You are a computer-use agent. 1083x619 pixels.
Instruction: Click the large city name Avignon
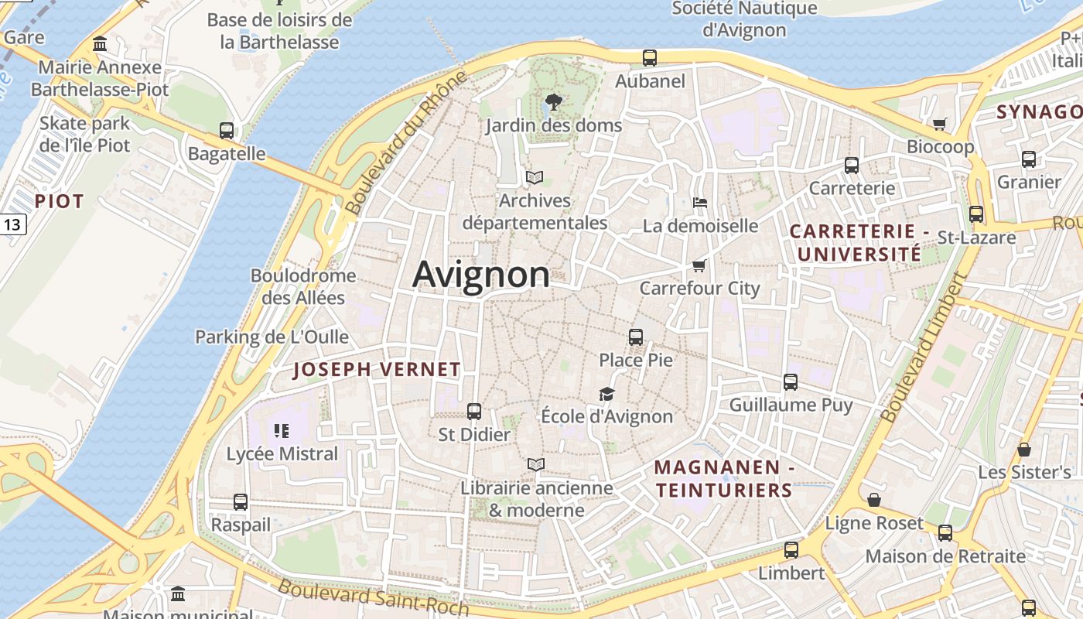[x=481, y=275]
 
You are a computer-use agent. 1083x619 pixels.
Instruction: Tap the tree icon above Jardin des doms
[x=553, y=101]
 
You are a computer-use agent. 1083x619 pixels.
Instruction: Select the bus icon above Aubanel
[x=650, y=57]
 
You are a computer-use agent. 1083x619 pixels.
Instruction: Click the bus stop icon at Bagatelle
[x=227, y=130]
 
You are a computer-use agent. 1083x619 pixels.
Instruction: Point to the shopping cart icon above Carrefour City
[x=699, y=265]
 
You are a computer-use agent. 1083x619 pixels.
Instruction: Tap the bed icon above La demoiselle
[x=700, y=203]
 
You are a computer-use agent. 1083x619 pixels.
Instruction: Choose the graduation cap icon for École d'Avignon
[x=606, y=394]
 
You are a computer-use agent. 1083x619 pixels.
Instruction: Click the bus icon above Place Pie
[x=636, y=337]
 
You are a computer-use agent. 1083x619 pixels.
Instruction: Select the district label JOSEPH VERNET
[x=377, y=370]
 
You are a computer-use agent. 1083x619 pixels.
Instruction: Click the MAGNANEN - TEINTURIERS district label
[x=723, y=478]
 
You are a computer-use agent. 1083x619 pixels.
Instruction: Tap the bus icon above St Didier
[x=474, y=412]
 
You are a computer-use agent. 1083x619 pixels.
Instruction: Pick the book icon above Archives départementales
[x=535, y=177]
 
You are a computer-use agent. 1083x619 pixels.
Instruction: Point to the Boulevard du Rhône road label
[x=407, y=143]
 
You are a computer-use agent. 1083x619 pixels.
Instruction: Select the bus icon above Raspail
[x=241, y=502]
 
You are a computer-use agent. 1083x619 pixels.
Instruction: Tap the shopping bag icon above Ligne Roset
[x=874, y=500]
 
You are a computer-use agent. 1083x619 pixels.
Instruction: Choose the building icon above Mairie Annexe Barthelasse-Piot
[x=100, y=44]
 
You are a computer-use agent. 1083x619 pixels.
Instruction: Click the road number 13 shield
[x=12, y=225]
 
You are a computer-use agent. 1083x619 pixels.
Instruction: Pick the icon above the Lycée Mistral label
[x=282, y=430]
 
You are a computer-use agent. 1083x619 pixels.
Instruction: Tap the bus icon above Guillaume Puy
[x=791, y=381]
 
